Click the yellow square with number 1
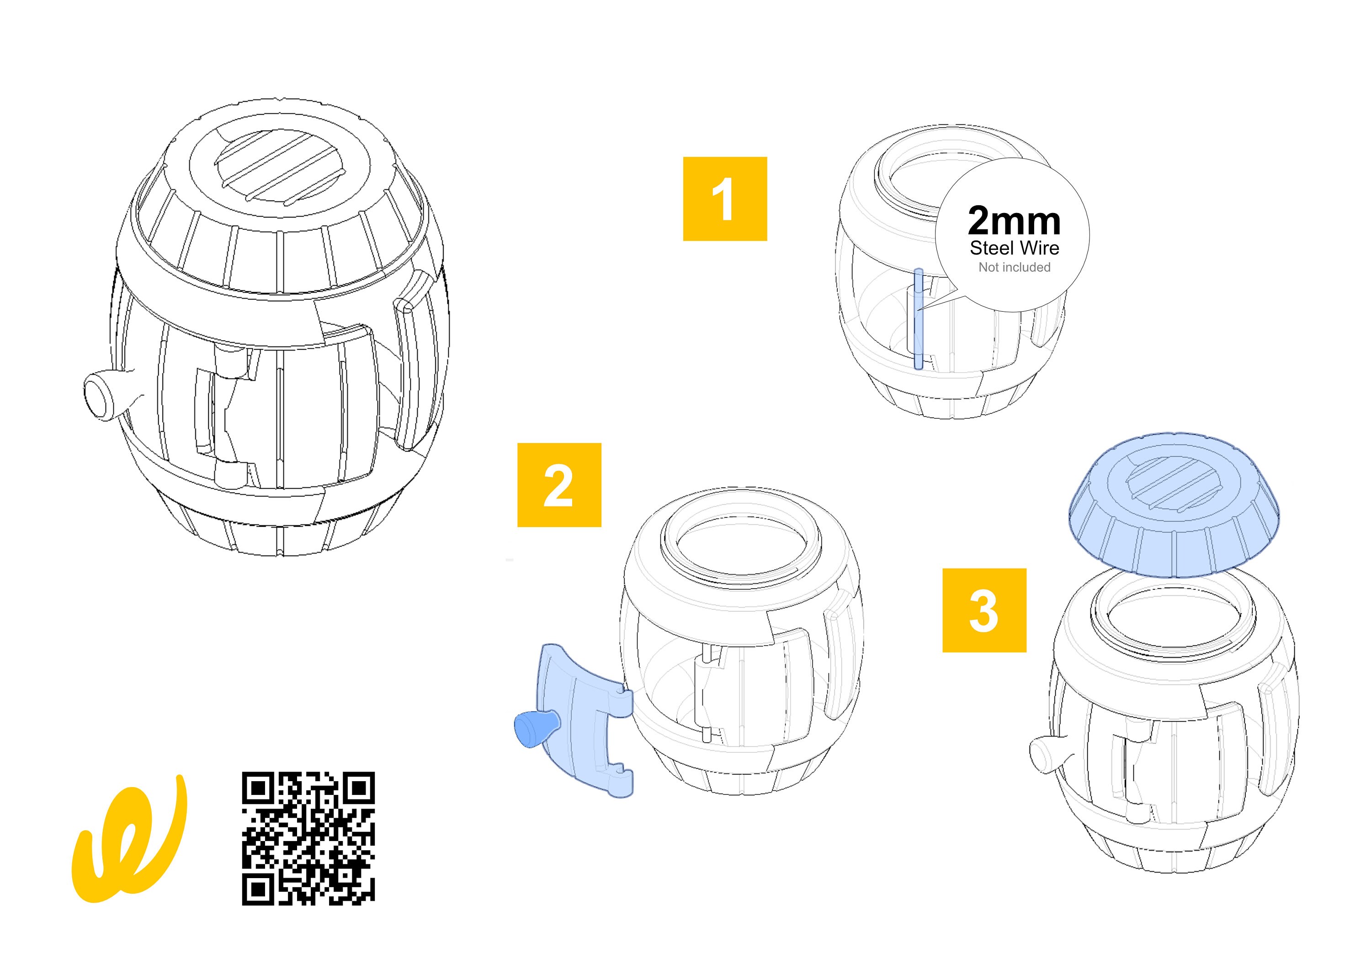724,199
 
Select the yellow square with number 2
559,485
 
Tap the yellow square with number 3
984,610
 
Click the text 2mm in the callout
1014,221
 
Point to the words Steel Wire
1014,248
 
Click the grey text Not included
1014,267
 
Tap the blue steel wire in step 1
919,320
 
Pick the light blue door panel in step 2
582,717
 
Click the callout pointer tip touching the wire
921,309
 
